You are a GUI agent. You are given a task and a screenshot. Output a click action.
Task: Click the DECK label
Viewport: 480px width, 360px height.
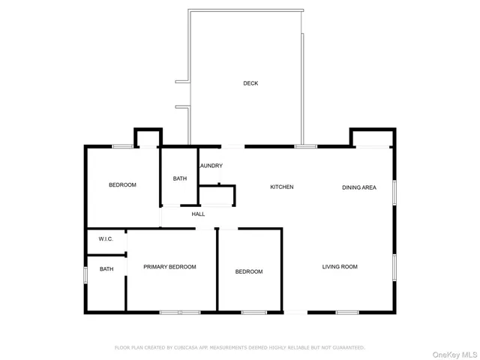coord(250,83)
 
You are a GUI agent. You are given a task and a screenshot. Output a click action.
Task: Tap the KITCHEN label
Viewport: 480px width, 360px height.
coord(282,187)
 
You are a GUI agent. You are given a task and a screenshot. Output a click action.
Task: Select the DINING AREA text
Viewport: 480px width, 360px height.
coord(359,187)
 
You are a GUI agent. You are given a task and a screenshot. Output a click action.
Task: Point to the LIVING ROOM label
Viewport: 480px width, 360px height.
coord(340,266)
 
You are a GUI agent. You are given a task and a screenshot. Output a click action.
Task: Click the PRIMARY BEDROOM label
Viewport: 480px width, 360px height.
coord(169,266)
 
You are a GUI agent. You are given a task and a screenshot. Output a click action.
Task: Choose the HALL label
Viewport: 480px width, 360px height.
coord(198,214)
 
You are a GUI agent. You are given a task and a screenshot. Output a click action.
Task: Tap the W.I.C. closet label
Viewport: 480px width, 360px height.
coord(106,239)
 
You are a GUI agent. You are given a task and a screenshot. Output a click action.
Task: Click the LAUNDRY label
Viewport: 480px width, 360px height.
coord(211,166)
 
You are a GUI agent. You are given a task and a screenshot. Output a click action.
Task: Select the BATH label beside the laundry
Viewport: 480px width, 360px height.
coord(180,178)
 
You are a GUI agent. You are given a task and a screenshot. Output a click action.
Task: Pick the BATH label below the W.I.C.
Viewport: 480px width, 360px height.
coord(106,268)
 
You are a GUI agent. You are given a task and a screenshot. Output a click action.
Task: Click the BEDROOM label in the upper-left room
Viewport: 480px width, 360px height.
coord(122,184)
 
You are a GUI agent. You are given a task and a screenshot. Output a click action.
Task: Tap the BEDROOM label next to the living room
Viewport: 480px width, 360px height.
coord(249,271)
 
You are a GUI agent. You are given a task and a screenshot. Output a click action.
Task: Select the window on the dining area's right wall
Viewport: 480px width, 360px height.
coord(394,191)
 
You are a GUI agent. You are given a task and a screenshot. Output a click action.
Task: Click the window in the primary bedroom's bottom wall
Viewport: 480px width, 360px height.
coord(180,311)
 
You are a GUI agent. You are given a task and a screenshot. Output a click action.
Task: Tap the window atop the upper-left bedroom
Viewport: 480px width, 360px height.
coord(123,146)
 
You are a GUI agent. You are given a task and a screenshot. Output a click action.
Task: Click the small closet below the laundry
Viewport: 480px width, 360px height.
coord(216,196)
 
